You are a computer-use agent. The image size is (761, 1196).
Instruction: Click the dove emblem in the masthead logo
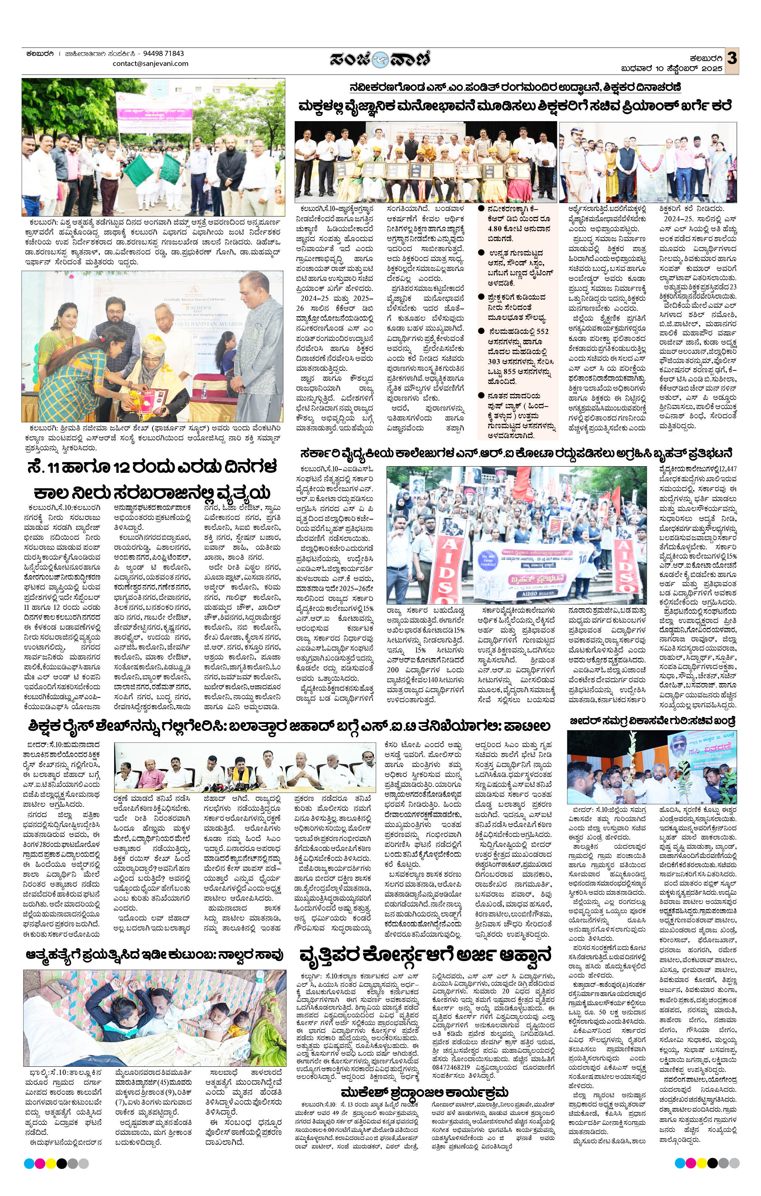(x=381, y=59)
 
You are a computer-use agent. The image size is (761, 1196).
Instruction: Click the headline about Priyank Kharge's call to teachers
(x=515, y=106)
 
